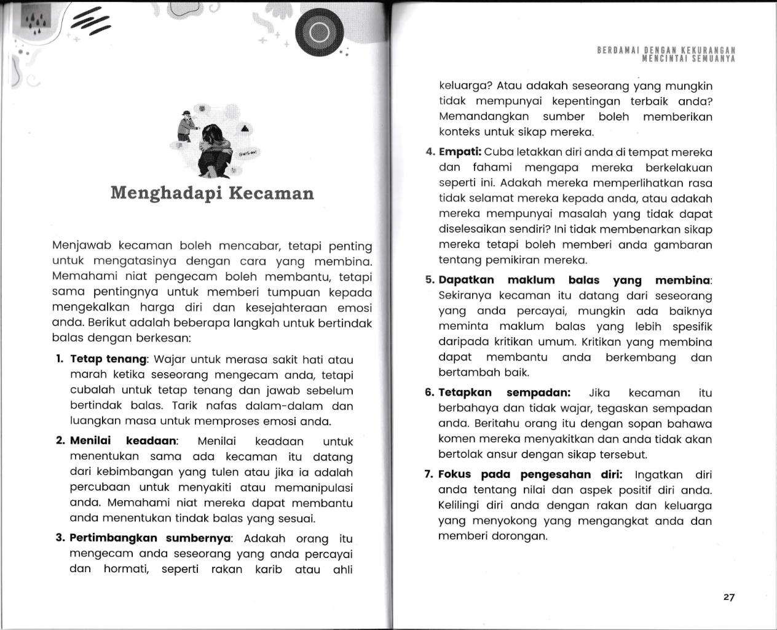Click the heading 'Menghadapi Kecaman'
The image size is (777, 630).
click(x=212, y=193)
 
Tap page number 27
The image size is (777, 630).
click(x=729, y=597)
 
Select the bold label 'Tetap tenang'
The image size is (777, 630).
click(x=109, y=359)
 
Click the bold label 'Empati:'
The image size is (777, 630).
click(x=460, y=152)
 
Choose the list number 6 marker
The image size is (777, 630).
click(x=430, y=393)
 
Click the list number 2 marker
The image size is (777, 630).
click(x=60, y=441)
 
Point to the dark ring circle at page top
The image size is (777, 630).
click(x=319, y=33)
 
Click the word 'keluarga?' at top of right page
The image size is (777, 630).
click(x=465, y=86)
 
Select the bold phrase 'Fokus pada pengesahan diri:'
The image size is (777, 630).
click(x=530, y=474)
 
